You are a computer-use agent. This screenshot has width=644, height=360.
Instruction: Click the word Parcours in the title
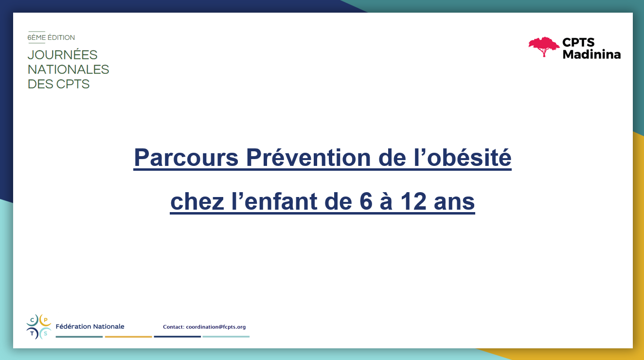tap(186, 158)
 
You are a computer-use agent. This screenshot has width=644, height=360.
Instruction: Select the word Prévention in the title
tap(308, 157)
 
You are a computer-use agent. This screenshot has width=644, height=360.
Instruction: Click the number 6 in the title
tap(366, 201)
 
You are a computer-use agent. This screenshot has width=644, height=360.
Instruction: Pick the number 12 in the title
tap(413, 201)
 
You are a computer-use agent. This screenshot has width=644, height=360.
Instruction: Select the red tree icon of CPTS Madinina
tap(544, 47)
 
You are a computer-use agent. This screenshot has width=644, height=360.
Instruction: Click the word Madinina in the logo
tap(591, 54)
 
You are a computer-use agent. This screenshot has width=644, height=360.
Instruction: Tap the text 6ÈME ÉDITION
tap(51, 37)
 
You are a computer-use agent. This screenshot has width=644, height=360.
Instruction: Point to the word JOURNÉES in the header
tap(62, 55)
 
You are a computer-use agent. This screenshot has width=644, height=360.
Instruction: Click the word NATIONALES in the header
tap(69, 70)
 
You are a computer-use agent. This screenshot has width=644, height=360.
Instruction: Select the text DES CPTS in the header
tap(59, 84)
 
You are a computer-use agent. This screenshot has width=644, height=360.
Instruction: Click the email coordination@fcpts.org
tap(216, 327)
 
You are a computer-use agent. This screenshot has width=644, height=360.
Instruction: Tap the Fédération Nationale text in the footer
tap(90, 326)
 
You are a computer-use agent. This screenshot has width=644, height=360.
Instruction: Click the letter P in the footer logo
tap(45, 320)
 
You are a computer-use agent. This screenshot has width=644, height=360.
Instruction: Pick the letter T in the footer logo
tap(32, 334)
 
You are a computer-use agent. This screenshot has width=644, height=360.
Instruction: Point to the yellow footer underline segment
tap(128, 337)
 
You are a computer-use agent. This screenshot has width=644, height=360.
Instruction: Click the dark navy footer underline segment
tap(178, 337)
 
